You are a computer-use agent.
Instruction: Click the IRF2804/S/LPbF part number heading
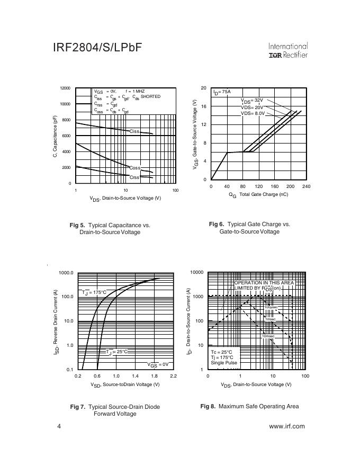[97, 48]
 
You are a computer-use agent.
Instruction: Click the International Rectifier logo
[288, 50]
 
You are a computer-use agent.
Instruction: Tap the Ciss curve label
[134, 131]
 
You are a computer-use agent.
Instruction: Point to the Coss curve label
[135, 168]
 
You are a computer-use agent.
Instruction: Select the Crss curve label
[134, 177]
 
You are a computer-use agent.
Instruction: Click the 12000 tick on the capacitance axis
[65, 88]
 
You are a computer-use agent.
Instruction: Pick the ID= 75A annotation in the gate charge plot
[222, 92]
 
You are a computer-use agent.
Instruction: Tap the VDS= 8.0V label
[253, 113]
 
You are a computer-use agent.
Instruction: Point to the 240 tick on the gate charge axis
[306, 186]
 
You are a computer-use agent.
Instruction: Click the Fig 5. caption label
[77, 225]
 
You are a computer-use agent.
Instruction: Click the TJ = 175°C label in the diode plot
[94, 292]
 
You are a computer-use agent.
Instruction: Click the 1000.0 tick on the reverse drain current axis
[66, 273]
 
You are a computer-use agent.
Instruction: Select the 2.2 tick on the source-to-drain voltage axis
[173, 375]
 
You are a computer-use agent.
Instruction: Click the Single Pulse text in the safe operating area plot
[222, 363]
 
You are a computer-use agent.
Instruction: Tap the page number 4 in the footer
[59, 426]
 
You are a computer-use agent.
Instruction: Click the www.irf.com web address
[286, 426]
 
